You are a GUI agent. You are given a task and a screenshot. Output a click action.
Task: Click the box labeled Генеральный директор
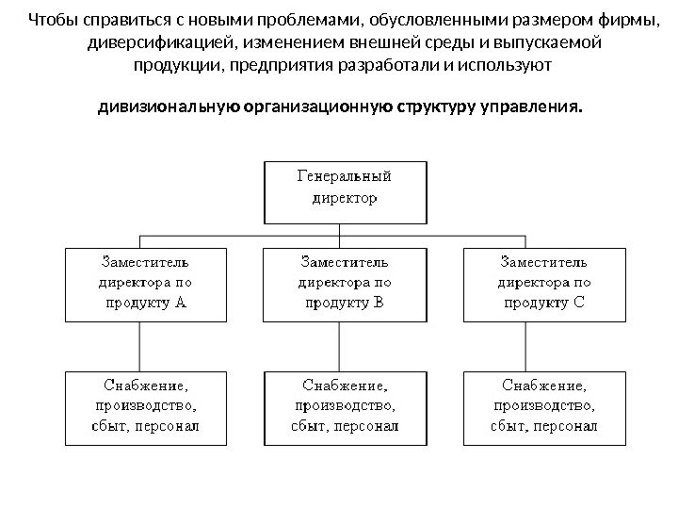tap(344, 191)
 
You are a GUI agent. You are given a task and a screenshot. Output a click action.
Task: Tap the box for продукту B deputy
tap(344, 283)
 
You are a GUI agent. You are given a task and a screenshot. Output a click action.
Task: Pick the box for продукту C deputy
tap(545, 283)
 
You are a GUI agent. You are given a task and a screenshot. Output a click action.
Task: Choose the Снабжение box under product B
tap(344, 406)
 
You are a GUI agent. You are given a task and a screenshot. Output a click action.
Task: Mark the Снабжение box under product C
tap(545, 406)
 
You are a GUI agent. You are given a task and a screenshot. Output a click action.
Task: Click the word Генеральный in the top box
tap(345, 177)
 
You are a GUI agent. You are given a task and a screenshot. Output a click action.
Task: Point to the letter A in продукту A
tap(181, 304)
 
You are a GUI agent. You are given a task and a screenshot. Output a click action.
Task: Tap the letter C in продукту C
tap(578, 304)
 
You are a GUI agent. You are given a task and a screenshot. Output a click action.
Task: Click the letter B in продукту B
tap(380, 304)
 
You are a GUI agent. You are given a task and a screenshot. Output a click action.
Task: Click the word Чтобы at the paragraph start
tap(54, 21)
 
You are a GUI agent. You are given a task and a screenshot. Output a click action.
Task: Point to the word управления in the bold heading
tap(531, 107)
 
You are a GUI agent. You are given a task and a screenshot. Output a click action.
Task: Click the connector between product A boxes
tap(142, 345)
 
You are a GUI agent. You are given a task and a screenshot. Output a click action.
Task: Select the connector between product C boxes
tap(524, 345)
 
